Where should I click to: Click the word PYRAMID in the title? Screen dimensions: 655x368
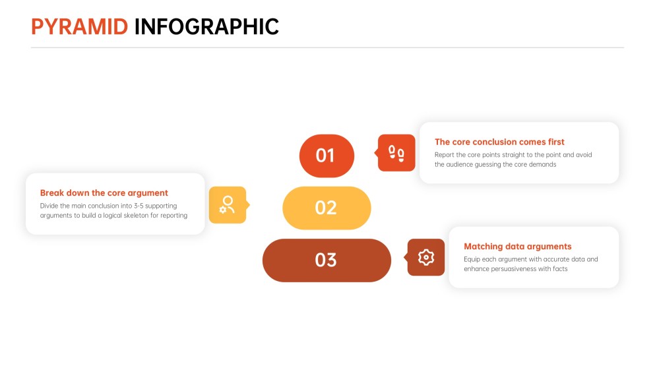79,27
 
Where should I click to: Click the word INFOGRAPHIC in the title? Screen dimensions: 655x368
206,27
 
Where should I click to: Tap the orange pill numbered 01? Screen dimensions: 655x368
327,156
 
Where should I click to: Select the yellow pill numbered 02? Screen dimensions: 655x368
327,208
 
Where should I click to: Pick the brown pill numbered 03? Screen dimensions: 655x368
327,261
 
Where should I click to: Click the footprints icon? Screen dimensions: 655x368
396,153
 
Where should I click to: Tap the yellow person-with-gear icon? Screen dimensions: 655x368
228,204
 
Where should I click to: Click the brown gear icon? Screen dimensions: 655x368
426,257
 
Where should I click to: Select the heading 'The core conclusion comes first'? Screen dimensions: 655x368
499,142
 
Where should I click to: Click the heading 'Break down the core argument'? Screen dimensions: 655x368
104,193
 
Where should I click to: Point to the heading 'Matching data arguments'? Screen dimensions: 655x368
518,247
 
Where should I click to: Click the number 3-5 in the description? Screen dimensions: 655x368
139,206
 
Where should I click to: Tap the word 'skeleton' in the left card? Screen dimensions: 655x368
136,216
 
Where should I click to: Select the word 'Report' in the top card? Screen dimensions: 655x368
444,155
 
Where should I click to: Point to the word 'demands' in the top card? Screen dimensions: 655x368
543,165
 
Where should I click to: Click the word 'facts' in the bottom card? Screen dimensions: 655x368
560,269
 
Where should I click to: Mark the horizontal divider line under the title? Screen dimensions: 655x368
327,47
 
